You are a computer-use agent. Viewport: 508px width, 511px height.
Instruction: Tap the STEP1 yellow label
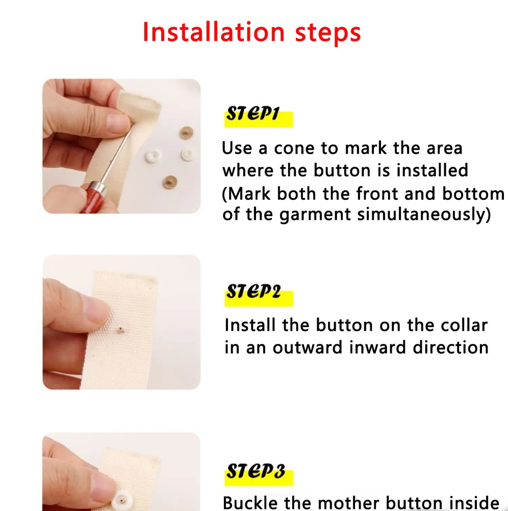[x=258, y=116]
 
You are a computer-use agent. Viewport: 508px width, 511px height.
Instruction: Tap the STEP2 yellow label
[x=259, y=293]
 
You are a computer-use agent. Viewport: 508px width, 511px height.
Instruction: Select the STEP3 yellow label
[x=259, y=471]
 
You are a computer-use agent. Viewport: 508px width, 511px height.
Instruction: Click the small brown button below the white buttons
[x=168, y=180]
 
